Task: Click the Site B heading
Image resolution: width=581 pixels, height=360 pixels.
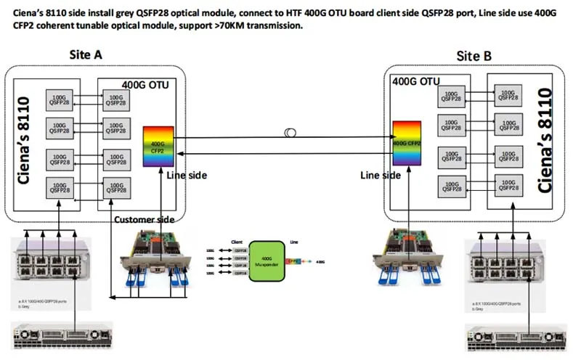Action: [474, 56]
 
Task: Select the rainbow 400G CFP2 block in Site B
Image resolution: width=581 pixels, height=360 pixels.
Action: [407, 144]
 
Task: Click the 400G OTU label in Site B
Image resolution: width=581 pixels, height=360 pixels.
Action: [416, 81]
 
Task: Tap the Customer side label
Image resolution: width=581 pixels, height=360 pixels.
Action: [145, 219]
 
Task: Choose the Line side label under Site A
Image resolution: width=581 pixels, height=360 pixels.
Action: [187, 175]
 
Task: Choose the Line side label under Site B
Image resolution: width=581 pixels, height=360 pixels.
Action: [381, 175]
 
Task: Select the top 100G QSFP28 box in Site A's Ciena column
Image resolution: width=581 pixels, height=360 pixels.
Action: [59, 99]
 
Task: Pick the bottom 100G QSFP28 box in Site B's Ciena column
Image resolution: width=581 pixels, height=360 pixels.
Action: [507, 184]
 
